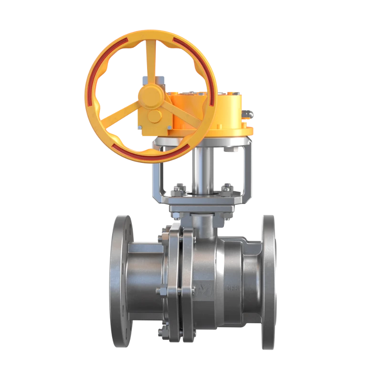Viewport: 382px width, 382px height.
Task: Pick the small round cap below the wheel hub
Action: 154,117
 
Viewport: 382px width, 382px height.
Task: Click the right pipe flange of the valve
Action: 268,282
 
